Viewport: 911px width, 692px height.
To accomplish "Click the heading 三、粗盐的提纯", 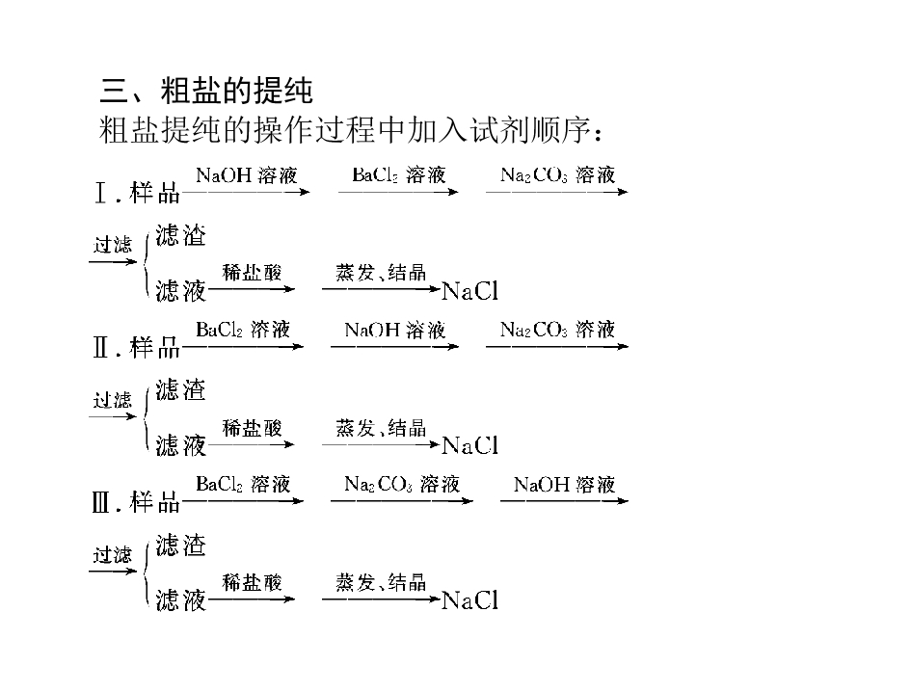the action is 206,91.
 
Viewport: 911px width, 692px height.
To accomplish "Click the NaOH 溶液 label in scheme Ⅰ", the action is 247,174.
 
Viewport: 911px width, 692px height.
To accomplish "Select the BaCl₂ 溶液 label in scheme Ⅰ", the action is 398,174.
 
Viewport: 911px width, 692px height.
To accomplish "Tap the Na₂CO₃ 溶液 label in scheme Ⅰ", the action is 558,174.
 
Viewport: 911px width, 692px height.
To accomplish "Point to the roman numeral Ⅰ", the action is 100,193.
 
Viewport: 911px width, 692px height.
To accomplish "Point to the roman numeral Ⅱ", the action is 100,348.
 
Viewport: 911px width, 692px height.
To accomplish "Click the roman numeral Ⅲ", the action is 100,502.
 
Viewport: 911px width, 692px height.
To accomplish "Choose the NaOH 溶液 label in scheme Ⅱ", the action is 395,330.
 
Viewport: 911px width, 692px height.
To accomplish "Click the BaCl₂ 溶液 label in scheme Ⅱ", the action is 243,330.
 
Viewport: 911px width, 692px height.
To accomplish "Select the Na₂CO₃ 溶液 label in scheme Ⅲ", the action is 402,485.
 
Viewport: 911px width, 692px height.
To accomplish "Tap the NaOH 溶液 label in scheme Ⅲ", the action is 564,485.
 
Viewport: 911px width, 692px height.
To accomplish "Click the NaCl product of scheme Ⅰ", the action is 470,291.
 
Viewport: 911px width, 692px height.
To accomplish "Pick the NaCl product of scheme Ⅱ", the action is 470,445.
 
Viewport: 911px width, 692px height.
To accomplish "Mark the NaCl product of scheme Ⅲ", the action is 470,600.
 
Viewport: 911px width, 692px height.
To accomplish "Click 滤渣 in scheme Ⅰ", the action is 180,235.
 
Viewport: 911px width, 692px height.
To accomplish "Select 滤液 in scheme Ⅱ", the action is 180,445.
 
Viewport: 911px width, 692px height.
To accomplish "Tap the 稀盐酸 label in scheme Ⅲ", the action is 253,582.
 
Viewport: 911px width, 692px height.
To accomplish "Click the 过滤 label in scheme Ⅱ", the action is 113,400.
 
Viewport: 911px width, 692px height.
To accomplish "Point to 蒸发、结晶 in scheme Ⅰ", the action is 381,273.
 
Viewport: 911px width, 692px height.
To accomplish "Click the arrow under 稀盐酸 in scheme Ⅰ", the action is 252,289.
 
